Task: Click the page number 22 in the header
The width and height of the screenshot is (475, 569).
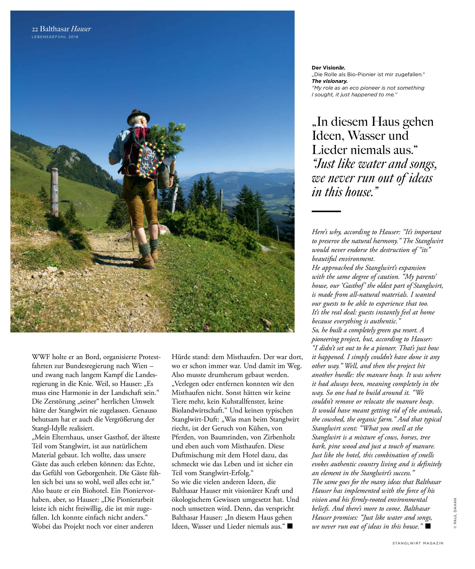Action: (35, 29)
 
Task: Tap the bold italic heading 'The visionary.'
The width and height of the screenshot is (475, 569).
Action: (329, 81)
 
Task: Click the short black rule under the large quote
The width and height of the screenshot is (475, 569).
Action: (326, 211)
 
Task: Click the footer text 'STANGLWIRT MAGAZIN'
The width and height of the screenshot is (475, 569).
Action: (418, 543)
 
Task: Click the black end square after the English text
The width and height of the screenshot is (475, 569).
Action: (428, 526)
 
